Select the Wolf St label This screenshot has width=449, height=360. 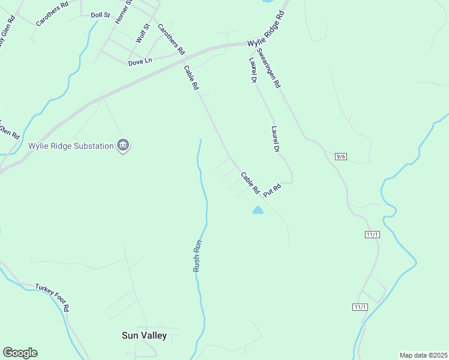142,33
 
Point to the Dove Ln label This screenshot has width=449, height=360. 140,61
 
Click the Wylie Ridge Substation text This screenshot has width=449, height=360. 71,146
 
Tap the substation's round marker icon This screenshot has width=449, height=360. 123,145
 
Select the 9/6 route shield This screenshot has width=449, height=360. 341,157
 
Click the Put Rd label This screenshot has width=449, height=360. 272,188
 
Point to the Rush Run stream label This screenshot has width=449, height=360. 196,256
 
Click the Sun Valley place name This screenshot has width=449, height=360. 144,335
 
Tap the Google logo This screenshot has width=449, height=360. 20,353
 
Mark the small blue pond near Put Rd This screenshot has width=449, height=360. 258,210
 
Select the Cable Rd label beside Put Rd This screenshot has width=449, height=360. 250,183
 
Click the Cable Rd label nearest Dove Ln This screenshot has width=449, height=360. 191,77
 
